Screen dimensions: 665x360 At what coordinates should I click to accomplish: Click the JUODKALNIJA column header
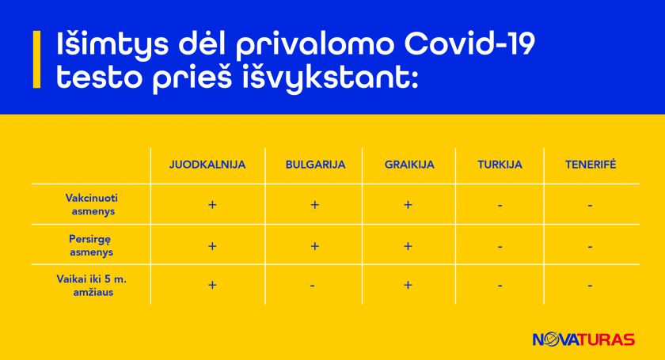[x=207, y=165]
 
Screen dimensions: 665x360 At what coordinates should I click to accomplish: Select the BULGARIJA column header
[x=316, y=165]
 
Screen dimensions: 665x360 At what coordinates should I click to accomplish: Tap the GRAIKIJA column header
[x=409, y=165]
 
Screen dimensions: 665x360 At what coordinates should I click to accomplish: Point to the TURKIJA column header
[x=500, y=165]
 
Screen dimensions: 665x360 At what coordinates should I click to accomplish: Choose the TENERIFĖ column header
[x=591, y=164]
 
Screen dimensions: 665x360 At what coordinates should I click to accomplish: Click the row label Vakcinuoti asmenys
[x=92, y=204]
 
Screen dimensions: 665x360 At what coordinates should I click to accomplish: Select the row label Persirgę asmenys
[x=91, y=245]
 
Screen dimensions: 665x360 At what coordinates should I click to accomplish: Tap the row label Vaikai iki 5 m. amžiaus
[x=92, y=286]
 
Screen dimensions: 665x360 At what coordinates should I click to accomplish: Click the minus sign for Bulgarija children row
[x=312, y=286]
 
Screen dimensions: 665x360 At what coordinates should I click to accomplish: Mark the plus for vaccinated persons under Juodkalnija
[x=212, y=205]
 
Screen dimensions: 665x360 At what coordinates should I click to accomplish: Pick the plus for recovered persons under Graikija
[x=408, y=246]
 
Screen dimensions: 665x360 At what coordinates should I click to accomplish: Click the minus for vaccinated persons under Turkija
[x=500, y=206]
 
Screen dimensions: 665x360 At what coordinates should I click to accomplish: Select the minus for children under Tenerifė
[x=590, y=286]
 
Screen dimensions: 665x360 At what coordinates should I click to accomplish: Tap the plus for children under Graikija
[x=408, y=285]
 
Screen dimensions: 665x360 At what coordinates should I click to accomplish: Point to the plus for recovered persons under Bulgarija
[x=315, y=246]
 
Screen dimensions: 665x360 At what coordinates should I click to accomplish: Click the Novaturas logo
[x=583, y=339]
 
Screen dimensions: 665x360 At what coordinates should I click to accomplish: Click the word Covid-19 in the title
[x=469, y=44]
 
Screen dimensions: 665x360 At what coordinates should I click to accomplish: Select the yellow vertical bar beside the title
[x=37, y=59]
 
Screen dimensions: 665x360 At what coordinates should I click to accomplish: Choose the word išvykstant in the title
[x=330, y=78]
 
